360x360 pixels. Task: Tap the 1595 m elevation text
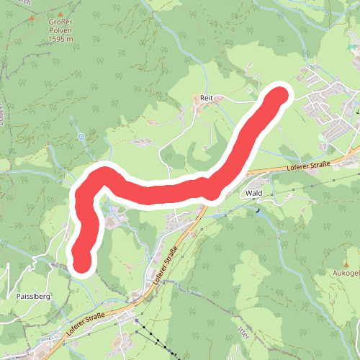click(60, 40)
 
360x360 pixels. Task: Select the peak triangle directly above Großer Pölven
click(60, 14)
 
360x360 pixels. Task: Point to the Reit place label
click(206, 96)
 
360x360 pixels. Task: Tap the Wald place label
click(253, 193)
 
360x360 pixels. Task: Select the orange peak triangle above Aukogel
click(346, 265)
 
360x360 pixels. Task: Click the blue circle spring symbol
click(81, 136)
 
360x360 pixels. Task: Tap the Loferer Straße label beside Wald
click(308, 168)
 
